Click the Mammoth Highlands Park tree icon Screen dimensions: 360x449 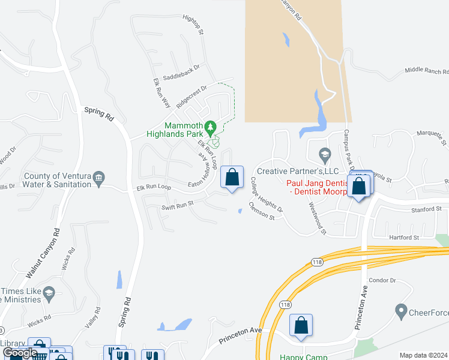pos(210,127)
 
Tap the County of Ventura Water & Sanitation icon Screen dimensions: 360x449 pos(100,177)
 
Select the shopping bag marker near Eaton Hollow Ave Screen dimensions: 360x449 pos(232,178)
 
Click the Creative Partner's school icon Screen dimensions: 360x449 pos(325,155)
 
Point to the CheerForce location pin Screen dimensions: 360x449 pos(402,311)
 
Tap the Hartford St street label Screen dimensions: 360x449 pos(403,238)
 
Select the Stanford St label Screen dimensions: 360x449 pos(427,209)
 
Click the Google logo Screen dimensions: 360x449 pos(20,353)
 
